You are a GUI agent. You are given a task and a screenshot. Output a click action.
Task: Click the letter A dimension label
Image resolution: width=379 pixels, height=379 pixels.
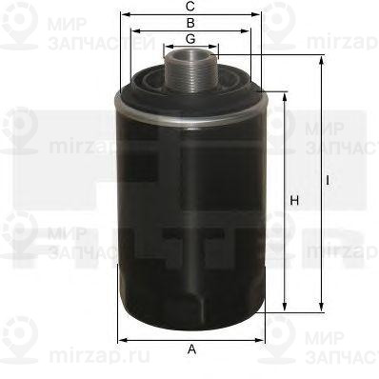tap(191, 350)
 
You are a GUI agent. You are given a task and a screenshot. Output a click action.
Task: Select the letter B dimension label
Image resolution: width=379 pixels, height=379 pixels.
tap(191, 22)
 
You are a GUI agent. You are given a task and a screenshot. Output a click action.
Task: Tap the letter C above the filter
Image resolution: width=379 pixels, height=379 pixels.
tap(191, 7)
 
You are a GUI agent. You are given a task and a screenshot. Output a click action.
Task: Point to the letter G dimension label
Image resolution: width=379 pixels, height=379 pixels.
tap(191, 38)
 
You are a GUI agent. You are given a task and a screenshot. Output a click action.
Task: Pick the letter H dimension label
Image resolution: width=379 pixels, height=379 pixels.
tap(294, 200)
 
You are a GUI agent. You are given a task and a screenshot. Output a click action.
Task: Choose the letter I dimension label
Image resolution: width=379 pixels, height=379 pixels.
tap(327, 179)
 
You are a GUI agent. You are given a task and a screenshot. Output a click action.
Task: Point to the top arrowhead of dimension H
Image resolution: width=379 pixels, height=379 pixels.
tap(286, 95)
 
